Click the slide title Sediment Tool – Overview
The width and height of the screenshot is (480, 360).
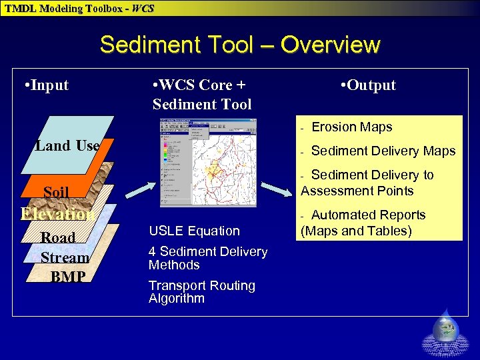click(x=240, y=45)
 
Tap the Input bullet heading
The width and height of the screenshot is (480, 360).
click(x=45, y=85)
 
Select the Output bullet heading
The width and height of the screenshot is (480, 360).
click(x=367, y=85)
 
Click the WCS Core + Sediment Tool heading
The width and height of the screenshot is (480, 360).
click(x=201, y=95)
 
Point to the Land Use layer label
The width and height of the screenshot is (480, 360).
click(x=67, y=145)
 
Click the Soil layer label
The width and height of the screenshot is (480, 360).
click(x=56, y=193)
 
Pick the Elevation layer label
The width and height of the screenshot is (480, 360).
click(x=56, y=214)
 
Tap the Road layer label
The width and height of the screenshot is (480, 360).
click(x=58, y=237)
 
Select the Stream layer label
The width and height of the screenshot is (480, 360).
click(x=65, y=257)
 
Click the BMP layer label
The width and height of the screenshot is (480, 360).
click(x=67, y=276)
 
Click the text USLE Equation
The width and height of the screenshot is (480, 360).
click(x=194, y=231)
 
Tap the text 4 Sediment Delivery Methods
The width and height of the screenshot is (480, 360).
click(x=207, y=258)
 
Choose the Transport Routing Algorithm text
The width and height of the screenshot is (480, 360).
click(x=201, y=292)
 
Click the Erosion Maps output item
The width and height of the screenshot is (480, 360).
click(x=351, y=127)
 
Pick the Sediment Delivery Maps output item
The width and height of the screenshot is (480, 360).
click(x=383, y=151)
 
